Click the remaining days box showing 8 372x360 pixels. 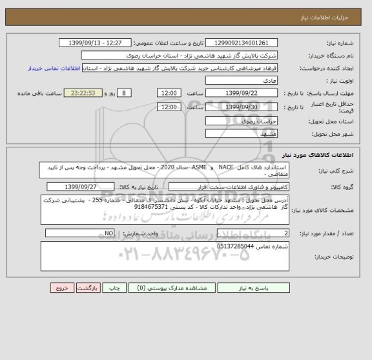(x=125, y=92)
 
